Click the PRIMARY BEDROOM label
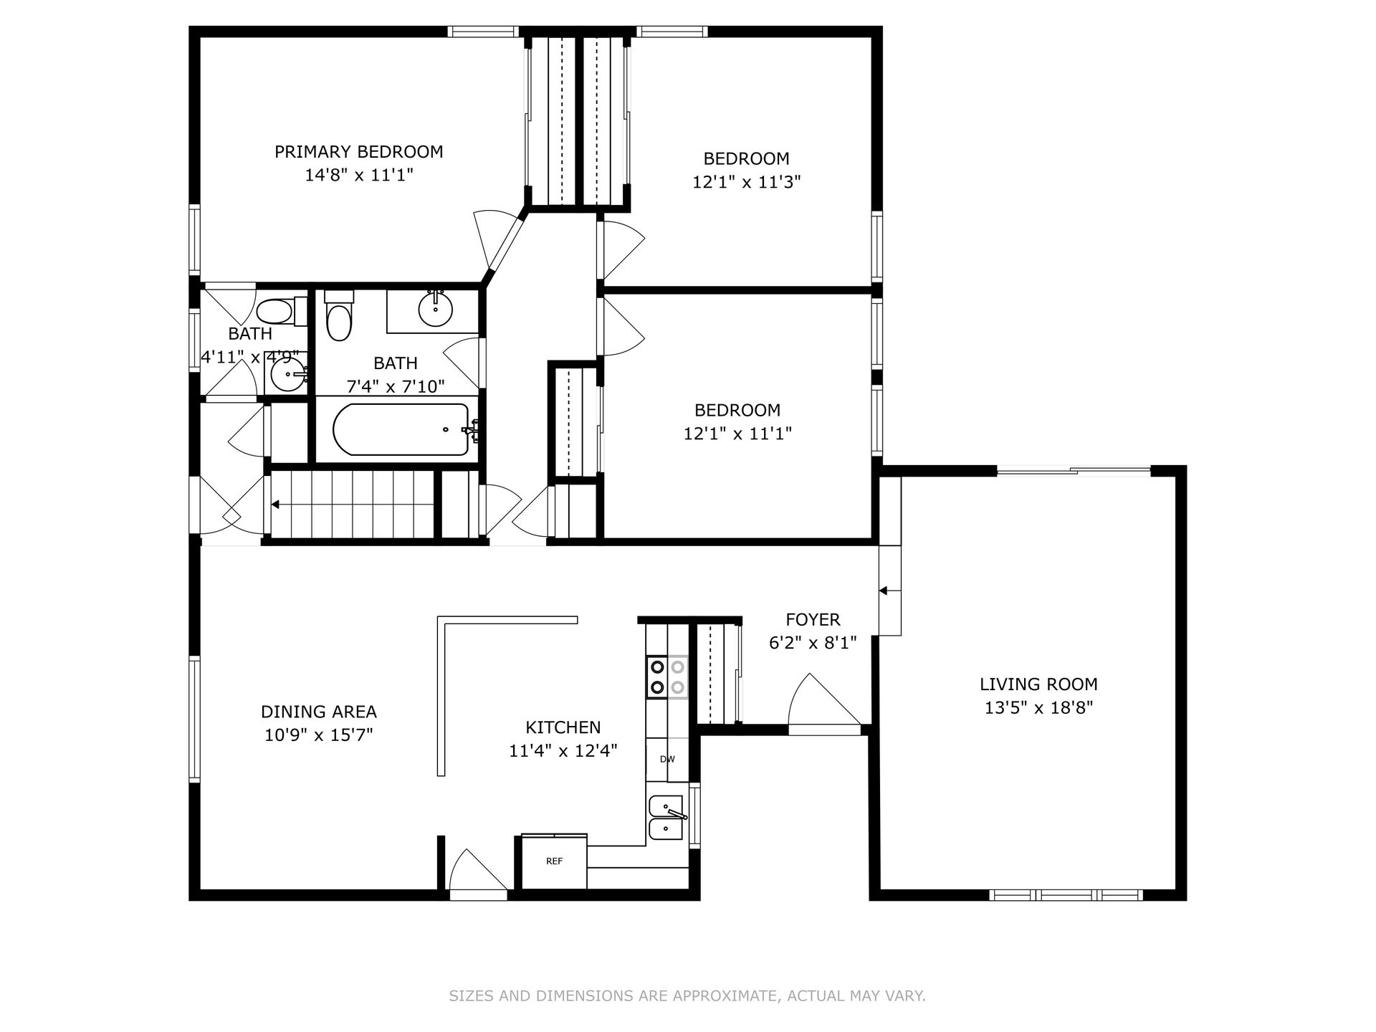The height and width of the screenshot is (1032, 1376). tap(359, 152)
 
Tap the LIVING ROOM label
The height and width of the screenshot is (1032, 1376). tap(1038, 684)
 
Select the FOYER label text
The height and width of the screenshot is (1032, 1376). tap(813, 620)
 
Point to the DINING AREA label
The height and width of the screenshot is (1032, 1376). tap(319, 712)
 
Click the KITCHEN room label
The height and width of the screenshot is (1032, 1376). tap(563, 727)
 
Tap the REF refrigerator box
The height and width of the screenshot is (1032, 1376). tap(554, 862)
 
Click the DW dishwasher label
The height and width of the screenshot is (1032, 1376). tap(667, 760)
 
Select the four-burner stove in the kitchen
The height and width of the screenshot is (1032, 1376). tap(667, 677)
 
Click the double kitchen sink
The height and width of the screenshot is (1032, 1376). tap(667, 818)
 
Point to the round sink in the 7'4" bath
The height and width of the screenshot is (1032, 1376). tap(436, 308)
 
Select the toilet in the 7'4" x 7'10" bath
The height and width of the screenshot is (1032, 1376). tap(339, 317)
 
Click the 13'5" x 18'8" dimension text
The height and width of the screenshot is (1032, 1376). tap(1038, 708)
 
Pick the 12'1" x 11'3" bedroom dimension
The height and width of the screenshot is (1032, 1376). tap(746, 182)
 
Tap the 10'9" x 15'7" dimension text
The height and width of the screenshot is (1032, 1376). tap(319, 735)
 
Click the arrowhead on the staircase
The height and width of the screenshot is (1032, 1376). tap(275, 505)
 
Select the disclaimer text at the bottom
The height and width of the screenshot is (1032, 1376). tap(687, 995)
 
